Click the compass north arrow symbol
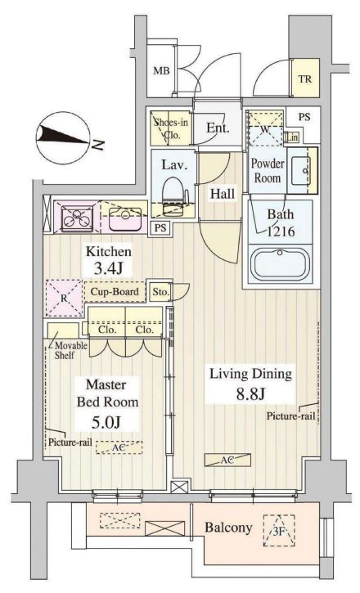tap(65, 137)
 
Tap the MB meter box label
tap(161, 70)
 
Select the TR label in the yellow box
tap(305, 79)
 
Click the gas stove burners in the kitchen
tap(78, 217)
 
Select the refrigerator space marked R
tap(65, 298)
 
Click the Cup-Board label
tap(115, 291)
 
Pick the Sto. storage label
tap(160, 292)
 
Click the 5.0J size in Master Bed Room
tap(106, 422)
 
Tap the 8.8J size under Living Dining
tap(250, 393)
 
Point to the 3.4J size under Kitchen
tap(108, 268)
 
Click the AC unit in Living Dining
tap(227, 460)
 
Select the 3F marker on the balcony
tap(279, 530)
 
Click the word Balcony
tap(228, 528)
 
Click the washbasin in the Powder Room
tap(301, 171)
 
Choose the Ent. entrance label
tap(218, 128)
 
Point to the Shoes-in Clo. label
tap(170, 128)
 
